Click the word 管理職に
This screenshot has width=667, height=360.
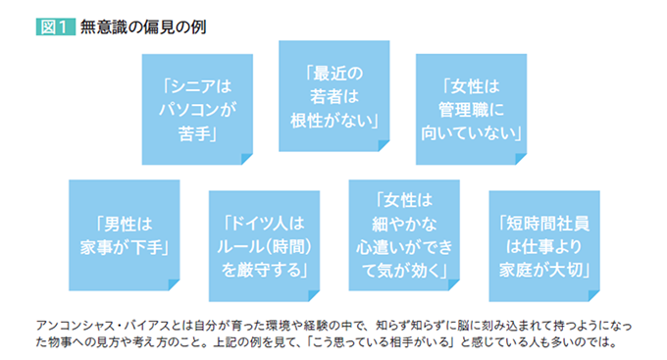(474, 108)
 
